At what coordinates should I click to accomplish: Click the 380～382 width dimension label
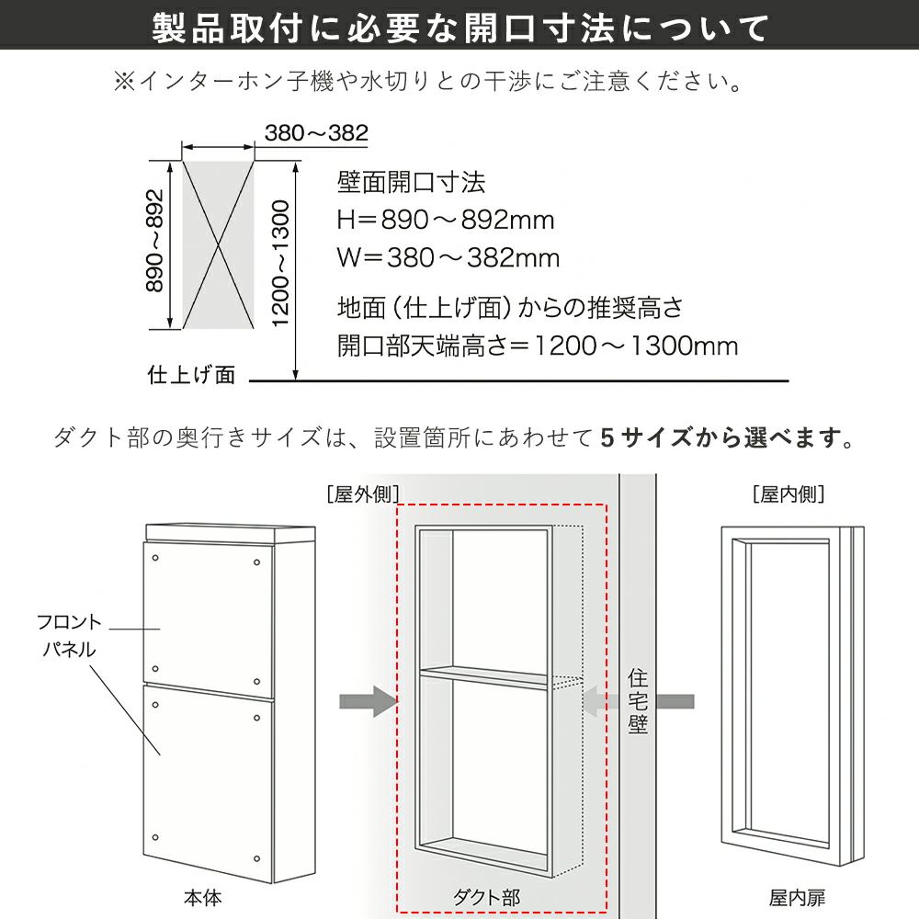click(x=316, y=133)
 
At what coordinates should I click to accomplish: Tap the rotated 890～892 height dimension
click(x=154, y=240)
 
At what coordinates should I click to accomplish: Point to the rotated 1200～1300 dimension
click(x=281, y=263)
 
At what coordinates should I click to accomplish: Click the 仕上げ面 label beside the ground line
click(x=191, y=375)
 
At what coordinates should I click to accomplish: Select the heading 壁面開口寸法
click(x=411, y=182)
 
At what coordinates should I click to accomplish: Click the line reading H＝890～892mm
click(x=446, y=220)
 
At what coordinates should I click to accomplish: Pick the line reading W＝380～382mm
click(x=448, y=258)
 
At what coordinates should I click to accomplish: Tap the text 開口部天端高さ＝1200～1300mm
click(x=538, y=346)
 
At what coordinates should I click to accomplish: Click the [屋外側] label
click(x=363, y=494)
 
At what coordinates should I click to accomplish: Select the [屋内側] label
click(x=789, y=494)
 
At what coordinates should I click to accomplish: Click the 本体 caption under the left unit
click(x=202, y=898)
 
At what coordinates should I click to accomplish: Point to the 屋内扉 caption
click(x=797, y=898)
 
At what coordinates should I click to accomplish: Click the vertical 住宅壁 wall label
click(x=638, y=701)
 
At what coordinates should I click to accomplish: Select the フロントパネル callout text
click(x=69, y=635)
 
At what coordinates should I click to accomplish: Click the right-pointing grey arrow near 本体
click(x=369, y=701)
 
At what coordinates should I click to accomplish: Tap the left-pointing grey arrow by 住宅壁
click(x=639, y=701)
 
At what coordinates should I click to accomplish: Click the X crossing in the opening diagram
click(x=219, y=245)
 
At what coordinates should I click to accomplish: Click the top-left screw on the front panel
click(x=155, y=558)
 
